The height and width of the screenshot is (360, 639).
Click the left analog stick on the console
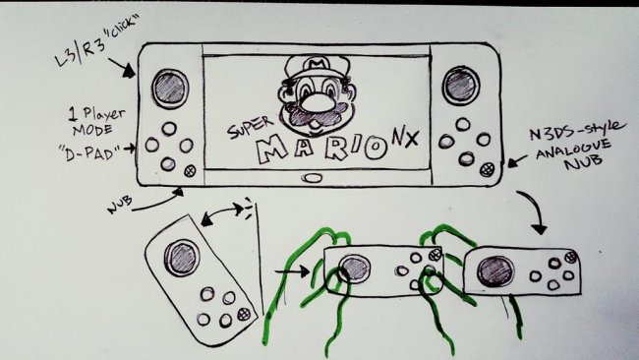pyautogui.click(x=170, y=89)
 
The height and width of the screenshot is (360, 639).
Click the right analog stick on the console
pyautogui.click(x=460, y=86)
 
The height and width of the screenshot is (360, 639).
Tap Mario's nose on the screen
pyautogui.click(x=315, y=102)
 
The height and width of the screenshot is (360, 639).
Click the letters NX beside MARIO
pyautogui.click(x=405, y=138)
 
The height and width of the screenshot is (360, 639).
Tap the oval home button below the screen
pyautogui.click(x=313, y=178)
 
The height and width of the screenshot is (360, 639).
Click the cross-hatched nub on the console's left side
pyautogui.click(x=190, y=171)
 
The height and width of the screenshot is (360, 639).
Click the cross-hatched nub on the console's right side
pyautogui.click(x=487, y=169)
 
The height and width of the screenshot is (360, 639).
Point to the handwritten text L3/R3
pyautogui.click(x=81, y=52)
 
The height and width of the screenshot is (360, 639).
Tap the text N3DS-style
pyautogui.click(x=576, y=131)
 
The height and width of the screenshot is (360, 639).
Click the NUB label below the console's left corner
pyautogui.click(x=119, y=205)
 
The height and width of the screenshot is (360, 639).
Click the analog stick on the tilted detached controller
pyautogui.click(x=182, y=258)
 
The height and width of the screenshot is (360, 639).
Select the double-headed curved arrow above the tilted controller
pyautogui.click(x=222, y=212)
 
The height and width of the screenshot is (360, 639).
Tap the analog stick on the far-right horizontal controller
pyautogui.click(x=495, y=271)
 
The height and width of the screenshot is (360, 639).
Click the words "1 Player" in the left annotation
pyautogui.click(x=96, y=114)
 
